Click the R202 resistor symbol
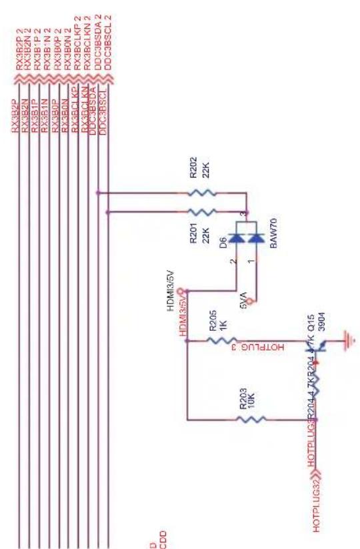pyautogui.click(x=202, y=193)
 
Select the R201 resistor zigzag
pyautogui.click(x=202, y=212)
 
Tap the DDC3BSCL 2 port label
pyautogui.click(x=109, y=41)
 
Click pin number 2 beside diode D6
pyautogui.click(x=233, y=262)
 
